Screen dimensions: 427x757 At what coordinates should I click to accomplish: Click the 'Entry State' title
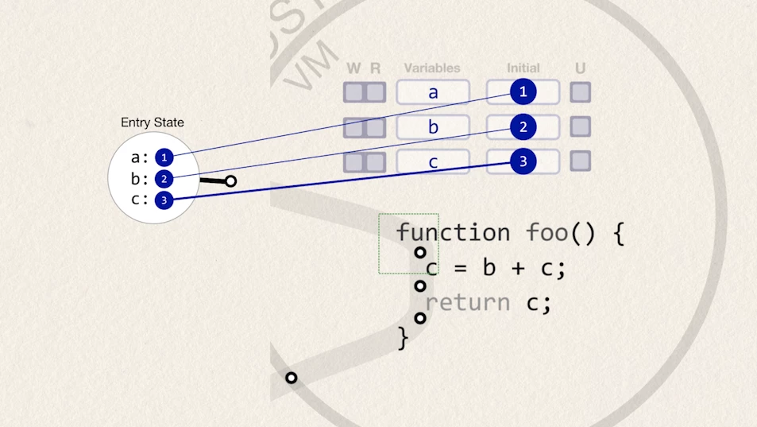coord(153,122)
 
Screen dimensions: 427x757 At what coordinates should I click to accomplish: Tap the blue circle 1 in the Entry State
coord(164,157)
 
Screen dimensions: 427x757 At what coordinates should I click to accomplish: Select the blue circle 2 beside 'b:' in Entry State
coord(164,179)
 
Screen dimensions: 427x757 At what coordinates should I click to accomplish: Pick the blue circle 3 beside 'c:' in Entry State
coord(164,200)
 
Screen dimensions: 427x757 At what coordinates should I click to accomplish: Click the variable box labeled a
coord(433,92)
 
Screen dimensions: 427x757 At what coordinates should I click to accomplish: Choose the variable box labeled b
coord(433,127)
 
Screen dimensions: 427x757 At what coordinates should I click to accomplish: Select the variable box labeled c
coord(433,162)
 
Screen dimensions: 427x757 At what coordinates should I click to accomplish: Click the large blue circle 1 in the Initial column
coord(523,92)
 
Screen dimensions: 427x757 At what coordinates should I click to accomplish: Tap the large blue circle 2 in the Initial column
coord(523,126)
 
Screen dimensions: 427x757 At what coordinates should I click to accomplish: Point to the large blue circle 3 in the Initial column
coord(523,161)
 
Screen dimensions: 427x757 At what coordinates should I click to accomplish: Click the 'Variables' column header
coord(432,68)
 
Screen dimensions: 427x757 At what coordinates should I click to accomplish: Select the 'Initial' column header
coord(523,68)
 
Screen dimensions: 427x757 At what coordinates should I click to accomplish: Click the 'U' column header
coord(581,68)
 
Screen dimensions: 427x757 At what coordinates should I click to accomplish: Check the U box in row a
coord(581,92)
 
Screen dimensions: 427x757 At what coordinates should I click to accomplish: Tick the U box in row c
coord(581,161)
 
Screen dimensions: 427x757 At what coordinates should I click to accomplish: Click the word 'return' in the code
coord(467,303)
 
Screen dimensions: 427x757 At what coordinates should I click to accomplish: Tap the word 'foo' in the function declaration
coord(547,232)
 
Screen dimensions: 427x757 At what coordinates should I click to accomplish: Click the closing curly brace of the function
coord(403,338)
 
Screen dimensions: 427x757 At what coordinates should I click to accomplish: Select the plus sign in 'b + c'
coord(518,268)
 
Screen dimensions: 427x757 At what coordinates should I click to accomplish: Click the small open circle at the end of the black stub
coord(230,181)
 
